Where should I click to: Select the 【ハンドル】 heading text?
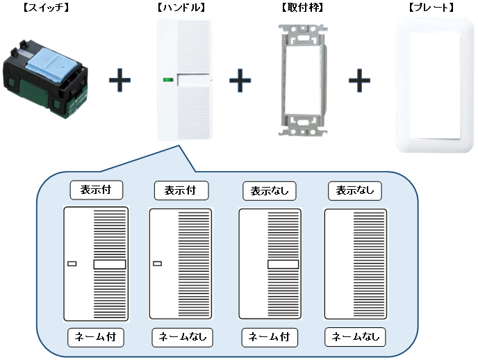coord(181,8)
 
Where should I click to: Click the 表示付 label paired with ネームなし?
coord(181,189)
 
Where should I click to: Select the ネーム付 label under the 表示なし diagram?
coord(269,337)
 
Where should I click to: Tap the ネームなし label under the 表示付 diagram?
coord(182,337)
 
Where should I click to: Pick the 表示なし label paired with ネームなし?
coord(354,189)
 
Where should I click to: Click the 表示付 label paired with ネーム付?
coord(97,189)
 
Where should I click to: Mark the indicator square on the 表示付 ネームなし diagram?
coord(157,263)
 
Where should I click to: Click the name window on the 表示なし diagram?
coord(283,264)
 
